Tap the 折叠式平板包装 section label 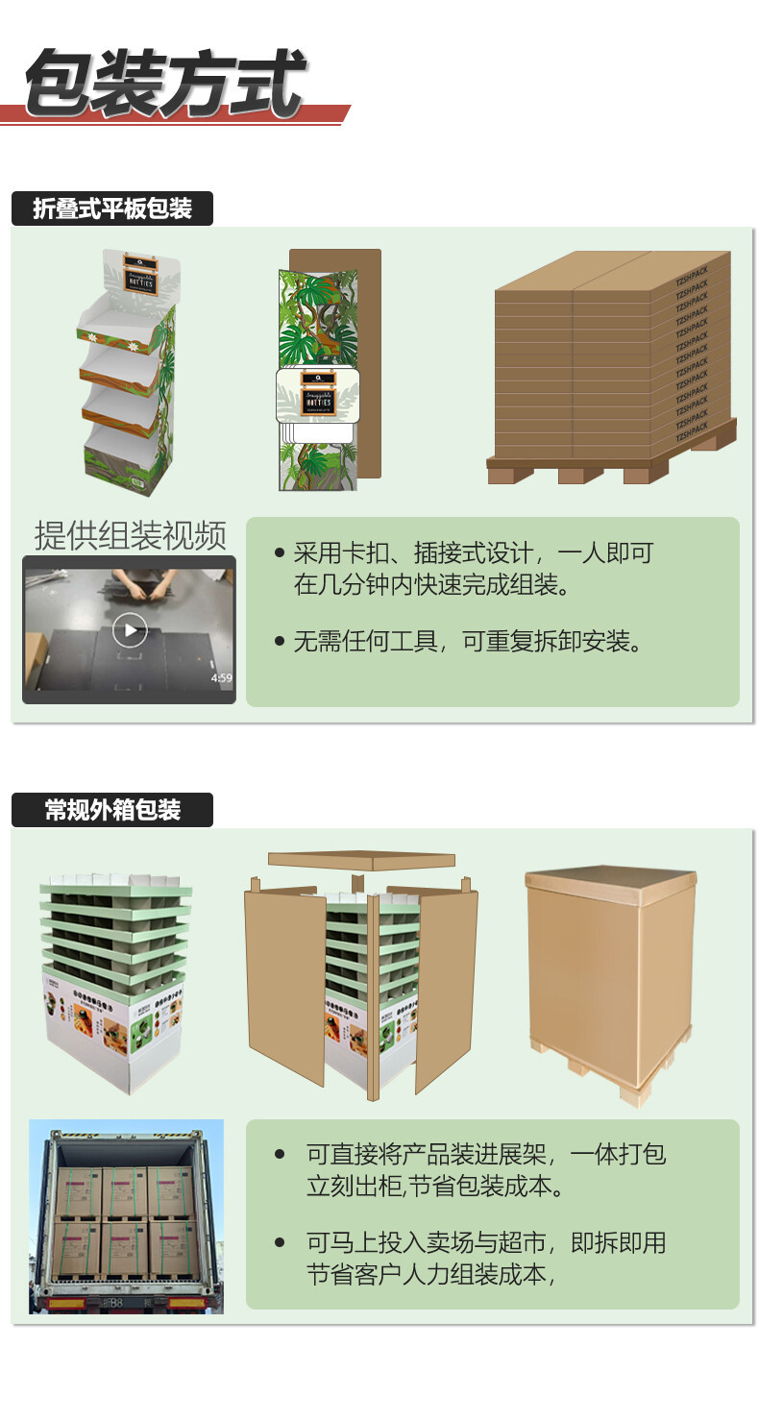coord(112,208)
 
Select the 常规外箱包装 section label coord(112,810)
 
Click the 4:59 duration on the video coord(221,678)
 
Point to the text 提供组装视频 coord(130,536)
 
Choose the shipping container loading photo coord(126,1215)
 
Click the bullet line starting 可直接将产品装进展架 coord(485,1154)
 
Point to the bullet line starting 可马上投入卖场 coord(485,1242)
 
